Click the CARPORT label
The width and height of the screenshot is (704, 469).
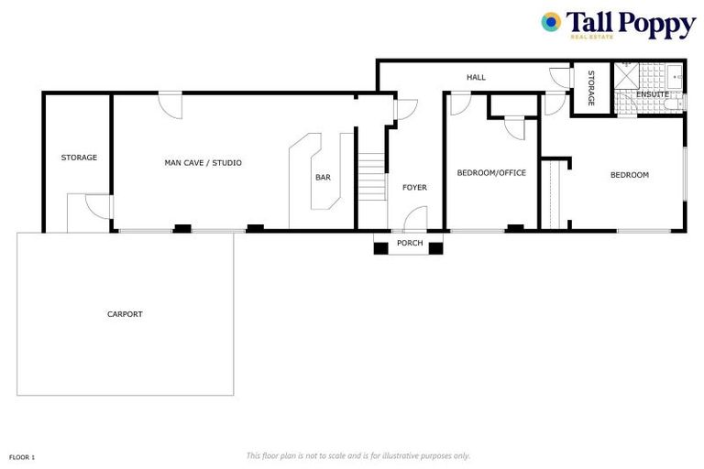tap(125, 314)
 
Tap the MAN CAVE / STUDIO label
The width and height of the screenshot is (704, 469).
tap(203, 163)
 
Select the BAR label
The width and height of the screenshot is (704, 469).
tap(323, 178)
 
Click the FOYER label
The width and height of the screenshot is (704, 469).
tap(414, 188)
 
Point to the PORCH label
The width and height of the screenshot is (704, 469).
tap(409, 244)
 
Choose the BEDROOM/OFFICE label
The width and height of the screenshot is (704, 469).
tap(491, 172)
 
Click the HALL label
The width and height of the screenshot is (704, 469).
tap(476, 78)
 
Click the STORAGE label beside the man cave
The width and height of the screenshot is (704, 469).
tap(79, 158)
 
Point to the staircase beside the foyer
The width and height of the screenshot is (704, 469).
tap(371, 178)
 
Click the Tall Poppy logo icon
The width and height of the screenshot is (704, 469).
tap(551, 22)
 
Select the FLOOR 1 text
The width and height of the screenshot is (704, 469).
tap(22, 455)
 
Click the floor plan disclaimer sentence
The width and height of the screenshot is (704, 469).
tap(357, 455)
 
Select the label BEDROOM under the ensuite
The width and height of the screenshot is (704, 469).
tap(630, 175)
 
